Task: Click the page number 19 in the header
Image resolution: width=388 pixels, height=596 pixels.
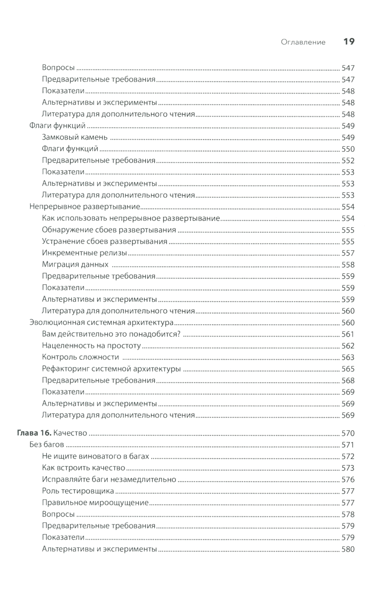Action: [x=349, y=41]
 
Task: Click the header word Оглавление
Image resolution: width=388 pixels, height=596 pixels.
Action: [x=303, y=42]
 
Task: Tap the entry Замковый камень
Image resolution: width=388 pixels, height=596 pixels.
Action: [x=74, y=137]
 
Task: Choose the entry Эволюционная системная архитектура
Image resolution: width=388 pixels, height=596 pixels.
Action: [x=101, y=322]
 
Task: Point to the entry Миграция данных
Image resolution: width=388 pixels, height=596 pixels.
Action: [x=75, y=264]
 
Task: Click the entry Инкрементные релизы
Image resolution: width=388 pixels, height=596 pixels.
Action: [x=84, y=253]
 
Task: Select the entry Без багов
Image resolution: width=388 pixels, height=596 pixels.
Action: [x=47, y=445]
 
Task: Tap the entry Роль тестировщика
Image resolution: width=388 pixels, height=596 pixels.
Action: [x=78, y=491]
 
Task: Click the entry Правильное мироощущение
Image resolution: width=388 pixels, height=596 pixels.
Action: [x=95, y=503]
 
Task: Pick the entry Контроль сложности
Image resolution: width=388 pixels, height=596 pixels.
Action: [x=80, y=357]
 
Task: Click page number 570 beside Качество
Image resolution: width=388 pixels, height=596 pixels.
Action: [x=348, y=433]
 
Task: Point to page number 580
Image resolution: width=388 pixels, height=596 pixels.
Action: [x=348, y=549]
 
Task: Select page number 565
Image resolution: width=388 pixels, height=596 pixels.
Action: [x=348, y=369]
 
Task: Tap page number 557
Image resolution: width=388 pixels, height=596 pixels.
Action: [x=348, y=253]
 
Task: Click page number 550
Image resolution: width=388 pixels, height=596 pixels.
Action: [x=348, y=149]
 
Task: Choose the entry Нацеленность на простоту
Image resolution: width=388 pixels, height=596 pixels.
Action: [x=91, y=346]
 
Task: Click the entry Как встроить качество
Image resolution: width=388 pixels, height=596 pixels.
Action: [x=83, y=468]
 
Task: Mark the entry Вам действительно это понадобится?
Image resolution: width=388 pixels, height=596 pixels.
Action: [x=111, y=334]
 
